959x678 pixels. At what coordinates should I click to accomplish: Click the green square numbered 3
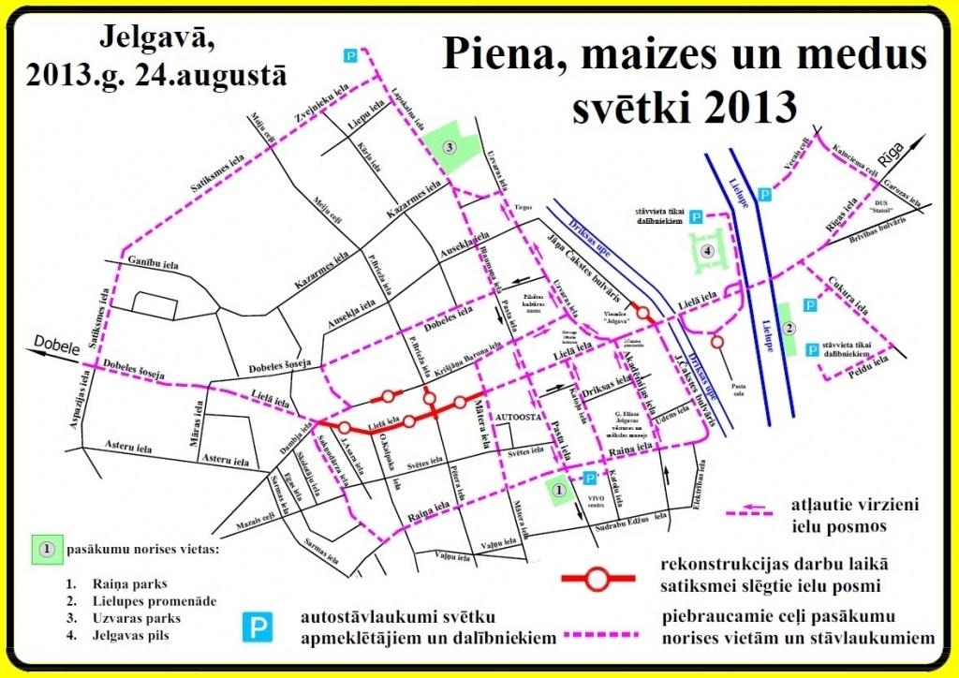(449, 148)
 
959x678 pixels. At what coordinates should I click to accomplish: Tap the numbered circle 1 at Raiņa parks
(559, 489)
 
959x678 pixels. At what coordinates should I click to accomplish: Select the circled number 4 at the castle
(708, 251)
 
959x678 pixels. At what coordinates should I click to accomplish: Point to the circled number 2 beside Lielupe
(789, 328)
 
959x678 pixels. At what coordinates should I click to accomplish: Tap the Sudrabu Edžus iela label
(633, 514)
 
